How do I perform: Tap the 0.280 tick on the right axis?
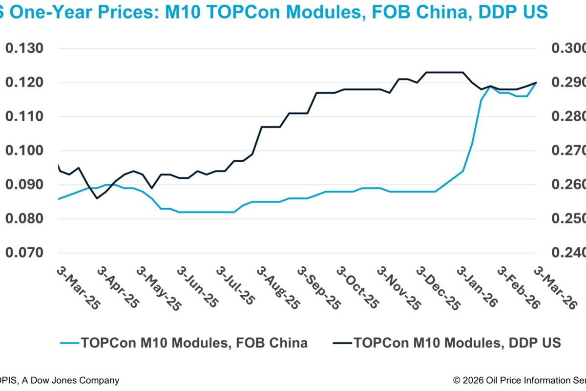tap(568, 117)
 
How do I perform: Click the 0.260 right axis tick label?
tap(568, 185)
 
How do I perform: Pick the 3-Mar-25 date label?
tap(78, 288)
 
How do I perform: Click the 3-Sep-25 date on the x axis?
tap(317, 288)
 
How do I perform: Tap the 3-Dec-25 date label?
tap(437, 288)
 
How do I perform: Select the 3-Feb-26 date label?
tap(518, 288)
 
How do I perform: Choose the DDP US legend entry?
tap(457, 343)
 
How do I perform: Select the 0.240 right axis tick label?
tap(568, 253)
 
